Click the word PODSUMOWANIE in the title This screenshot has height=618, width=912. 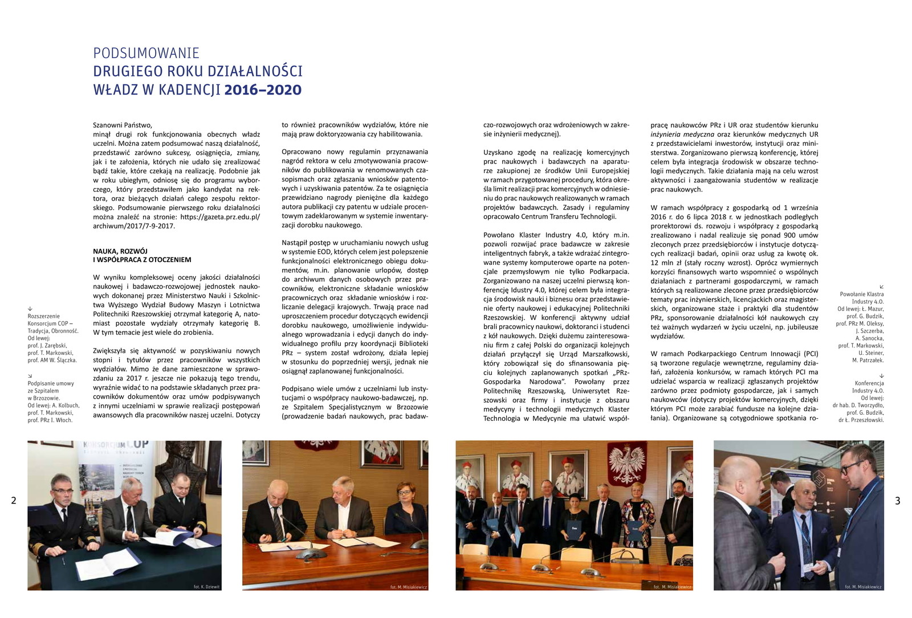click(x=146, y=54)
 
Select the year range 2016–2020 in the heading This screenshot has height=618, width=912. click(x=263, y=90)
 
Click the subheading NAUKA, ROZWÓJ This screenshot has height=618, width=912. click(x=120, y=251)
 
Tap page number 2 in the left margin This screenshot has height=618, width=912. click(x=14, y=501)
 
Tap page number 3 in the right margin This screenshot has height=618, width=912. click(x=898, y=501)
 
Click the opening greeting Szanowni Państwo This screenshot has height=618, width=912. click(x=123, y=125)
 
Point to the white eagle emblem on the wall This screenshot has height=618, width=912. click(x=628, y=464)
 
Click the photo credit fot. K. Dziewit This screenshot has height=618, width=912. click(x=206, y=586)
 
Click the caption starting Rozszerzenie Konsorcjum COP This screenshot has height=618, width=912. click(x=43, y=316)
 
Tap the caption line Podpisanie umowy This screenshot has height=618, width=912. click(x=51, y=384)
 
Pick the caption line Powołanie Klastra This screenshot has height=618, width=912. click(x=861, y=294)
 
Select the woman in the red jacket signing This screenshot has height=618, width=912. click(x=405, y=504)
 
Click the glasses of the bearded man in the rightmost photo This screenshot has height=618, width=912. click(x=852, y=468)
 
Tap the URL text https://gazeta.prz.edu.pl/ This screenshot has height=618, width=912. click(x=220, y=217)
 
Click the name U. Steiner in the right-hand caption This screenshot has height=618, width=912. click(x=871, y=353)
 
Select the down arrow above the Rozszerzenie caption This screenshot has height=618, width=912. click(x=30, y=309)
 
